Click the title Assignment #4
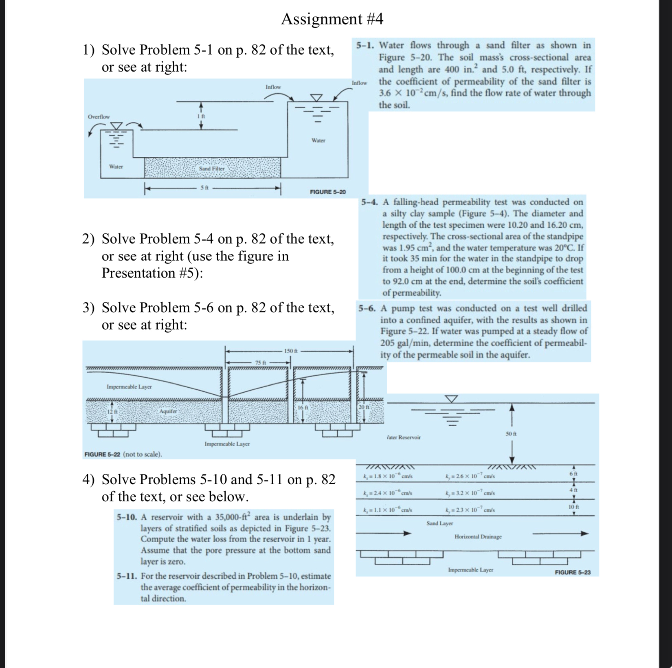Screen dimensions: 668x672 (x=332, y=19)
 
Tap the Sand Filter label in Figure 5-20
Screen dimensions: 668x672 (x=211, y=168)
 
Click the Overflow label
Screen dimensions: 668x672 (x=99, y=117)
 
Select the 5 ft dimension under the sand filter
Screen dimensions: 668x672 (x=204, y=188)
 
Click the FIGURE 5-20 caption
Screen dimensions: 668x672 (x=327, y=192)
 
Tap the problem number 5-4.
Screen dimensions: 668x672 (x=369, y=202)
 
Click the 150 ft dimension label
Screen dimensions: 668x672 (x=291, y=351)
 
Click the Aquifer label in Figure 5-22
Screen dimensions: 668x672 (x=168, y=411)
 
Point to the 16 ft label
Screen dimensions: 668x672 (x=303, y=407)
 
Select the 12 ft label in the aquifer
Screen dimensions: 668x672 (x=112, y=412)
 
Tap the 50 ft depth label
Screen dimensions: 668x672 (x=511, y=434)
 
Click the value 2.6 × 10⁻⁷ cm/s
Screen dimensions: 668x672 (x=470, y=476)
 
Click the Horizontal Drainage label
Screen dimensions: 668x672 (x=478, y=536)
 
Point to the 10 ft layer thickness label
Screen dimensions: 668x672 (x=573, y=507)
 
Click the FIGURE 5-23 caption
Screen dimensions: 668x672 (x=572, y=572)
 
